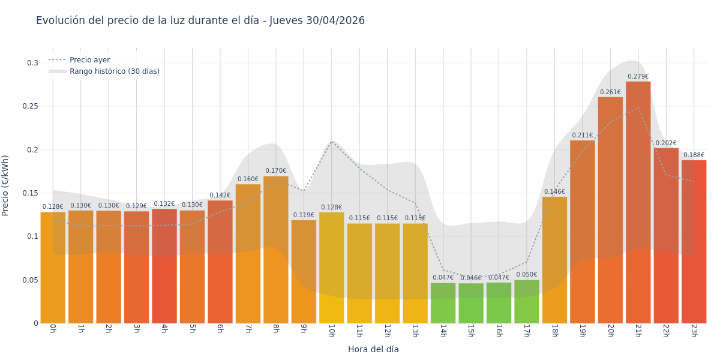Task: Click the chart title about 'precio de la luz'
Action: coord(200,20)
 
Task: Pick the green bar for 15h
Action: coord(471,303)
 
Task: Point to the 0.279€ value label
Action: coord(638,77)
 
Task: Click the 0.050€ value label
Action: coord(527,275)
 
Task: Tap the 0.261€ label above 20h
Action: coord(610,92)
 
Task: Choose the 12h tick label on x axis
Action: coord(387,331)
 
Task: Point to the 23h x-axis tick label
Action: coord(694,331)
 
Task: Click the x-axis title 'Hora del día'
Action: coord(373,349)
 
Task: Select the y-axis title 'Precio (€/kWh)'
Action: coord(5,185)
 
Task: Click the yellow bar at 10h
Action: coord(331,268)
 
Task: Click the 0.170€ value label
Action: coord(276,171)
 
